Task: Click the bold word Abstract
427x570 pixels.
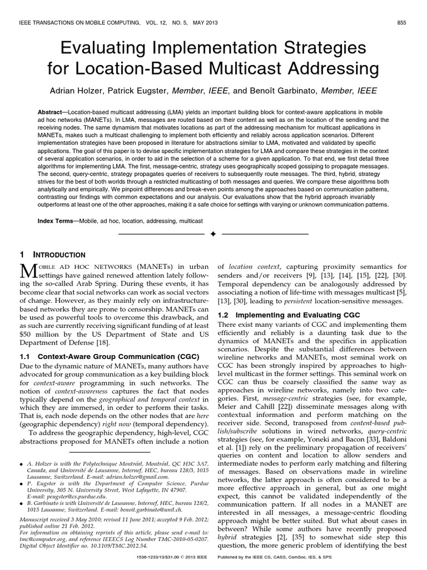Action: pyautogui.click(x=53, y=111)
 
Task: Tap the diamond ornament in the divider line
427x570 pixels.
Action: pyautogui.click(x=213, y=235)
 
